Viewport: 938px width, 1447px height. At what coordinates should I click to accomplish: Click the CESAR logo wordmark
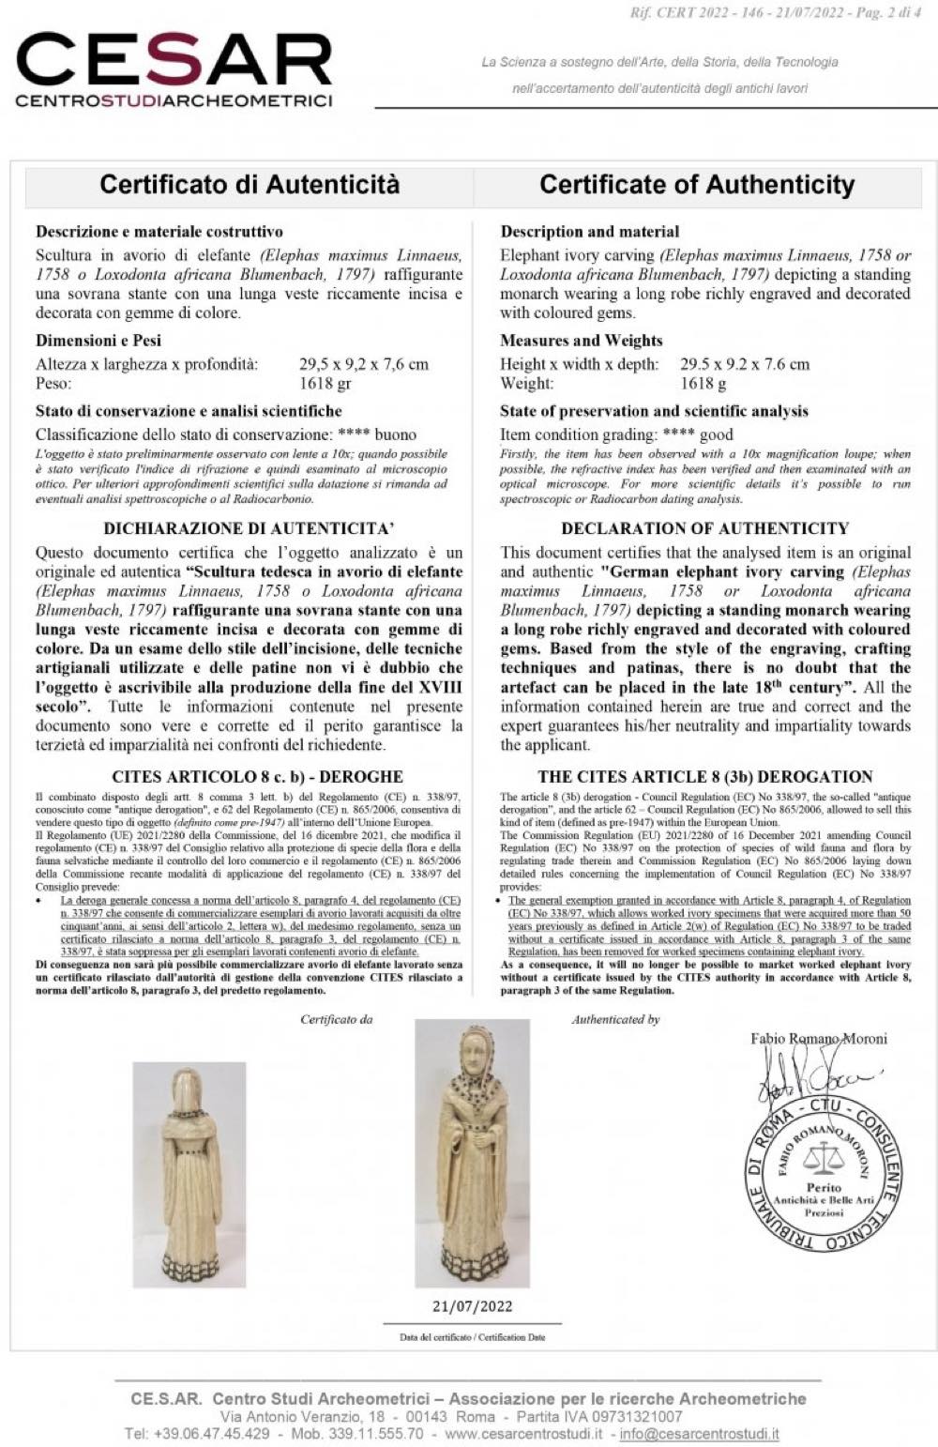[174, 61]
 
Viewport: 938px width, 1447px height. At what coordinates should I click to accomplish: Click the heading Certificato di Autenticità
[250, 184]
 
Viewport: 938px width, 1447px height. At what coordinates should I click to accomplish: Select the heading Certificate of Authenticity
[697, 184]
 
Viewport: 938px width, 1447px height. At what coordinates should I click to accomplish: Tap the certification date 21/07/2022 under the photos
[472, 1305]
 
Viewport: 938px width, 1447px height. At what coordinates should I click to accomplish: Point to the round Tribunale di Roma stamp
[824, 1173]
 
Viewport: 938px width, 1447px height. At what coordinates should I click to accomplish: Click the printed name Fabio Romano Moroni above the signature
[818, 1038]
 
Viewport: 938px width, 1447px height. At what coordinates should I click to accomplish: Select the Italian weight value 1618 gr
[325, 383]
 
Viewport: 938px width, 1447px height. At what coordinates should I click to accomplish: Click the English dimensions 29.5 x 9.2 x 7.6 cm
[744, 364]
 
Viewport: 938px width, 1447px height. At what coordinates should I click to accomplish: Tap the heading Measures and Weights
[581, 341]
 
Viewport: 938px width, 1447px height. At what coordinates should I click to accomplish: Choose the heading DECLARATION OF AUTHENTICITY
[704, 528]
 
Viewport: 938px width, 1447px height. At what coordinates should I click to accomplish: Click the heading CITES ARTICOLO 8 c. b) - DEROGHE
[257, 777]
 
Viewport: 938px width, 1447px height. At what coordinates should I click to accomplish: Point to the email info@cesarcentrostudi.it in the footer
[699, 1434]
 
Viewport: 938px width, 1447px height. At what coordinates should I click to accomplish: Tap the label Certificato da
[336, 1019]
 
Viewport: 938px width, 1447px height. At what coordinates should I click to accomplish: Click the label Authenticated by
[615, 1019]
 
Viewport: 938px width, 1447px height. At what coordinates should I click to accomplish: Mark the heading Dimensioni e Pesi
[98, 341]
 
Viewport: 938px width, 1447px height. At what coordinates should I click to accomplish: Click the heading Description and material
[589, 232]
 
